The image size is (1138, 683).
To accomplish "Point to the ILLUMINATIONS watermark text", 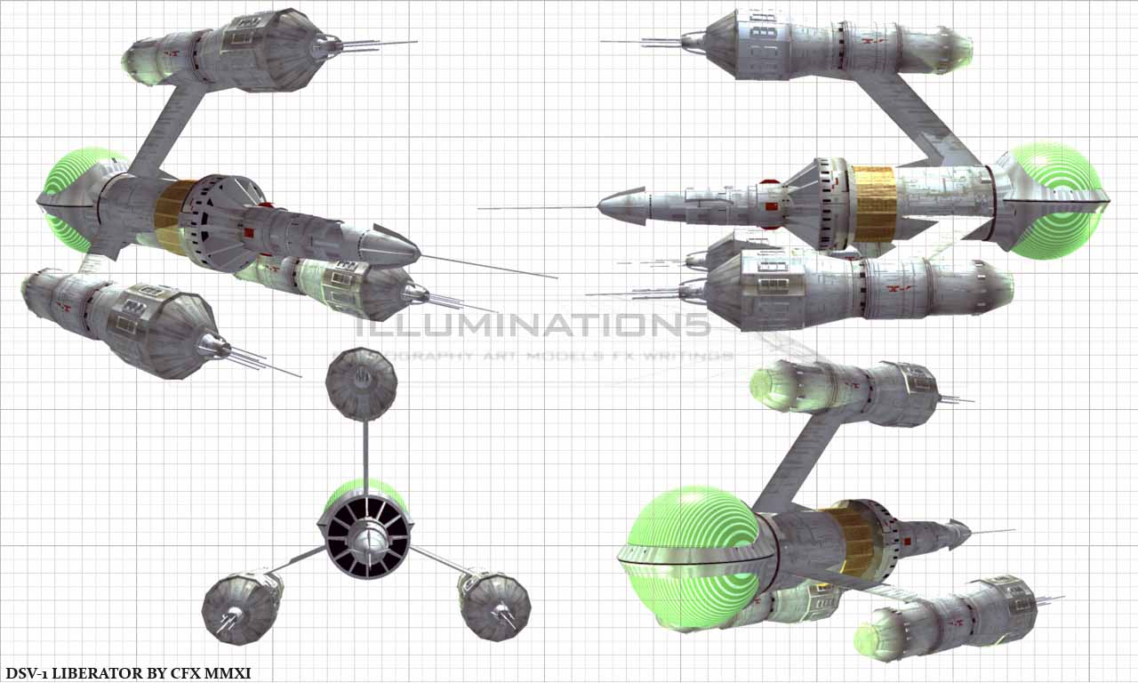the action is (533, 325).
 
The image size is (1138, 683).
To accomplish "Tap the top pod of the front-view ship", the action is (361, 384).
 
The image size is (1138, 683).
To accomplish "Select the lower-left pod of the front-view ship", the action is (242, 607).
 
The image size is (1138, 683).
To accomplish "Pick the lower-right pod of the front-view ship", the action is (494, 605).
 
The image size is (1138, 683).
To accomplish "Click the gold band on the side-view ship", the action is (875, 204).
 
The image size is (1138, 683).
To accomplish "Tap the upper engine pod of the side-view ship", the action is (827, 43).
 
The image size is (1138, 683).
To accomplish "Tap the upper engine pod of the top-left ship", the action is (236, 50).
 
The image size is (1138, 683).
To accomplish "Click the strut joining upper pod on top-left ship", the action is (169, 129).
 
